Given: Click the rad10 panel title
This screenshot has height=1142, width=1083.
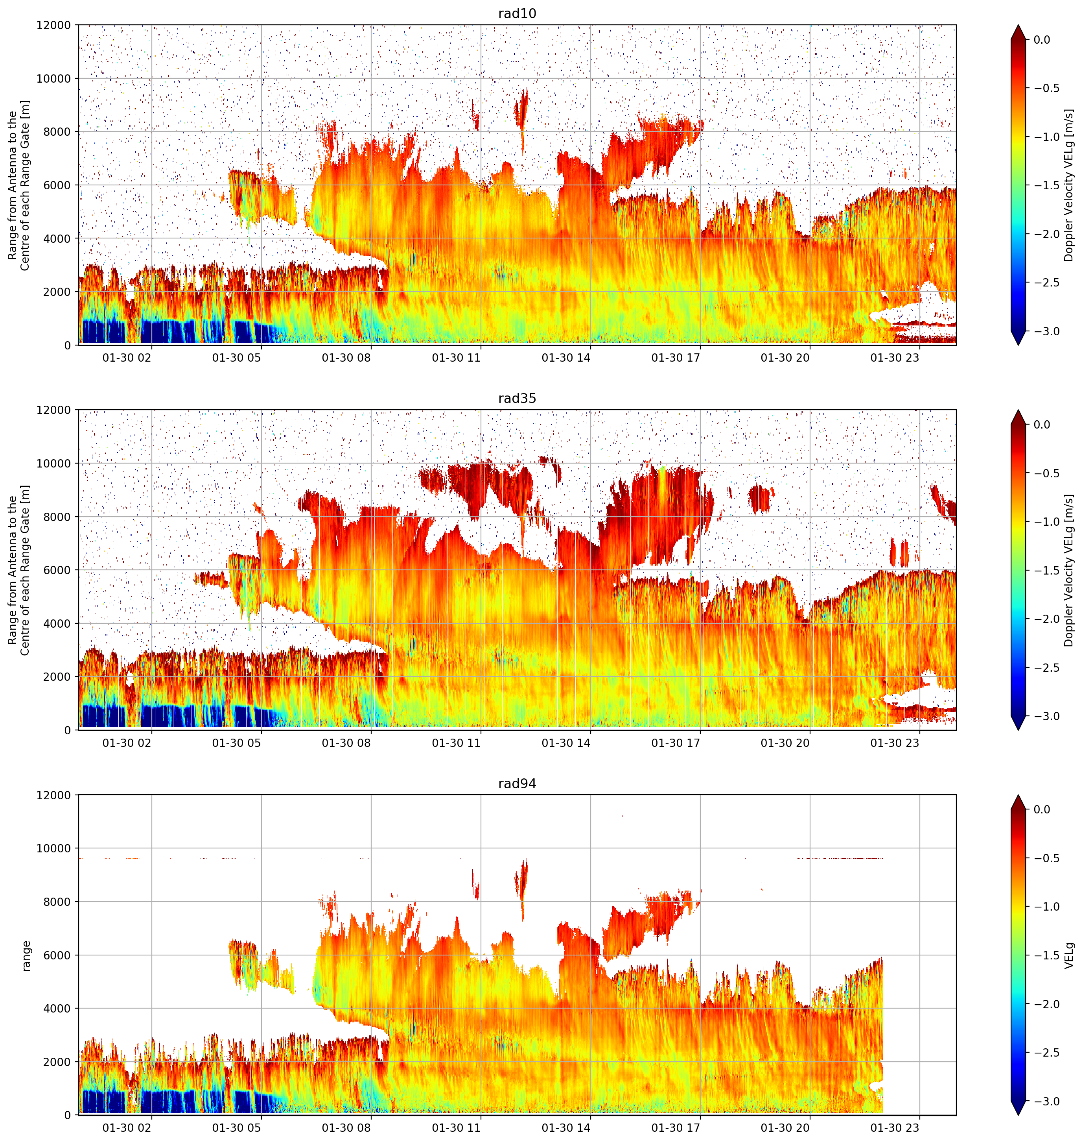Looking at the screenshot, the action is [x=517, y=13].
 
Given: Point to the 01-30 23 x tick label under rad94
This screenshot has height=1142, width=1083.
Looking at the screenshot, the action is [x=895, y=1127].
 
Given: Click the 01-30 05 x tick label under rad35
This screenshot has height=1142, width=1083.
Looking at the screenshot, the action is [x=237, y=742].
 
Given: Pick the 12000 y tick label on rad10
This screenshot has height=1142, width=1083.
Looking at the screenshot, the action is [x=54, y=26].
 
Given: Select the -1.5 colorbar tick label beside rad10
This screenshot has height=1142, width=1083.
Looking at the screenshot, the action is [x=1046, y=185].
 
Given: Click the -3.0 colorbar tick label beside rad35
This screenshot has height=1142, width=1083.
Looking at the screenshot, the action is [x=1046, y=716].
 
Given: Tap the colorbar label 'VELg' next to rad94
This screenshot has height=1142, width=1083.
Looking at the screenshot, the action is [x=1070, y=955].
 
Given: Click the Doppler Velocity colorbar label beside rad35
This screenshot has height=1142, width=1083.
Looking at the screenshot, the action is [x=1070, y=570].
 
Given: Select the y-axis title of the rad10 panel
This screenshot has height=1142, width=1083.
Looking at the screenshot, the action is [x=19, y=185].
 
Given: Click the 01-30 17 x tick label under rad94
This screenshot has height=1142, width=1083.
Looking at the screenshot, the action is [x=676, y=1127].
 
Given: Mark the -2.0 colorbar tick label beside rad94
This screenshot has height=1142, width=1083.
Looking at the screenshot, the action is [x=1046, y=1004].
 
